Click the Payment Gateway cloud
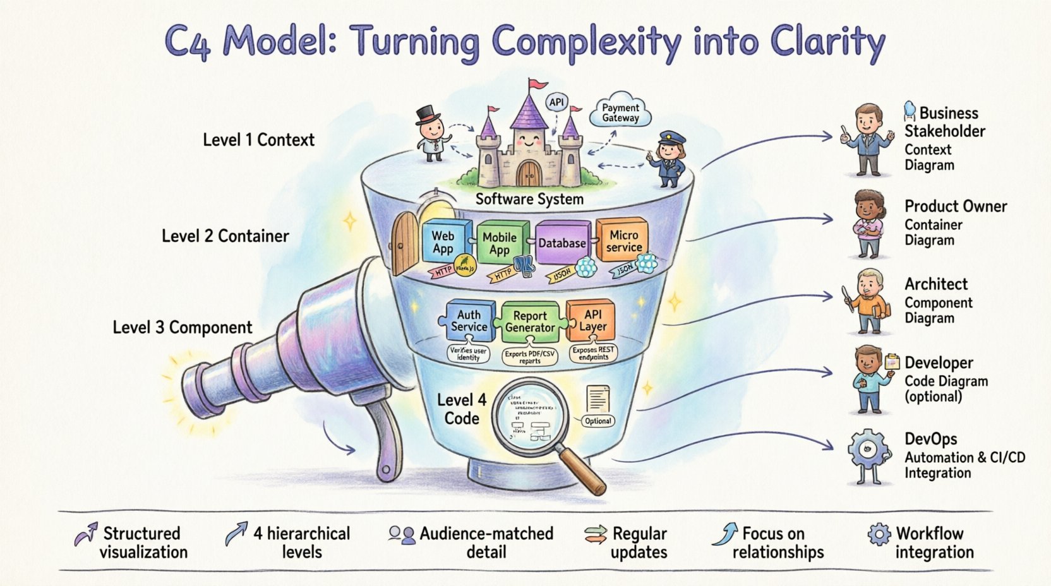point(620,113)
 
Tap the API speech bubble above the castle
point(556,103)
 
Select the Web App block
point(443,242)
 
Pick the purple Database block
point(562,243)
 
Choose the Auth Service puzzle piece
point(469,321)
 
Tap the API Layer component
point(592,320)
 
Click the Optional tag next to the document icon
point(598,421)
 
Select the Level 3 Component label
point(182,328)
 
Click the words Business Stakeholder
point(945,122)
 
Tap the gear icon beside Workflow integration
point(879,534)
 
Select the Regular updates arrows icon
point(595,535)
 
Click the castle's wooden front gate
point(529,172)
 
